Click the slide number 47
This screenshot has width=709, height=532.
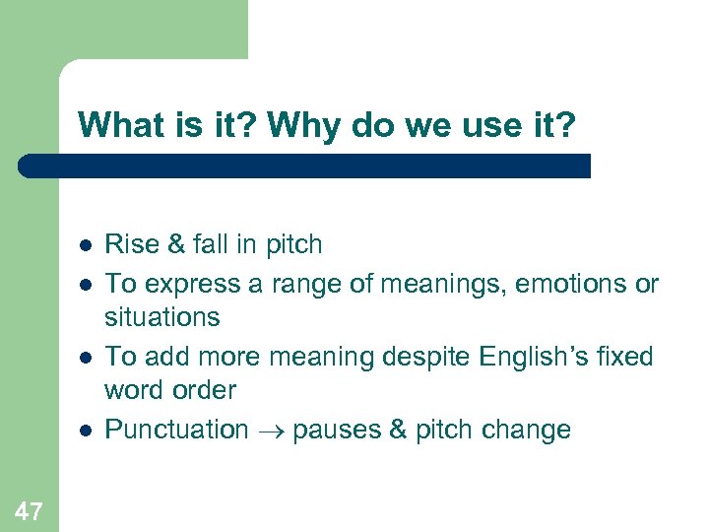[x=29, y=509]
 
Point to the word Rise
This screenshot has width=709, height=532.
[x=129, y=243]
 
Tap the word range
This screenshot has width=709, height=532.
[x=294, y=284]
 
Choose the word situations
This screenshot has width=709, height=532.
[x=162, y=317]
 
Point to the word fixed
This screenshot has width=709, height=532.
[x=624, y=357]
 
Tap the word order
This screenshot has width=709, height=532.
[x=202, y=390]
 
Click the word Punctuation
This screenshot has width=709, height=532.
[x=177, y=430]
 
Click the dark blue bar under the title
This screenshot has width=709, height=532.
[x=305, y=166]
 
